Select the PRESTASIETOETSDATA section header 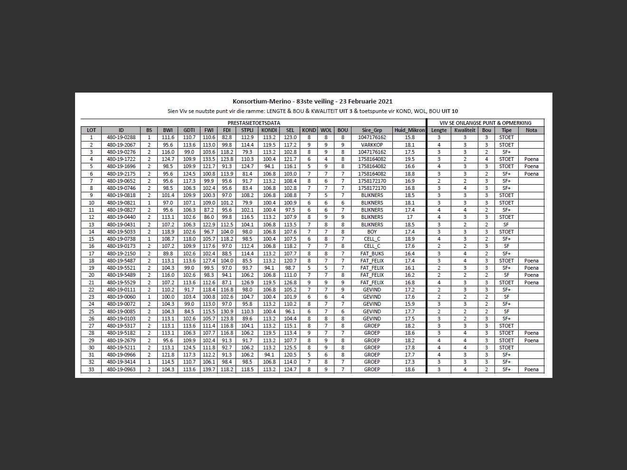coord(254,123)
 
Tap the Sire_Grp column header coord(372,130)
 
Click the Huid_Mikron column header coord(409,130)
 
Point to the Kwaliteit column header coord(465,130)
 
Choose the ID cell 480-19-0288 coord(121,138)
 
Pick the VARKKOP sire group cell coord(372,145)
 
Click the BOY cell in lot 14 coord(372,232)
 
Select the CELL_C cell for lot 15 coord(372,239)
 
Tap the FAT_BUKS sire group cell coord(372,254)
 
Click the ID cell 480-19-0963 coord(121,369)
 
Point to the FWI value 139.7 coord(209,369)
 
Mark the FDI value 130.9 coord(227,311)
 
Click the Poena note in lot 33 coord(531,369)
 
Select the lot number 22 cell coord(91,290)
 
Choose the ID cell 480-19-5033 coord(121,232)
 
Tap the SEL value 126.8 coord(290,282)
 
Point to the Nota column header coord(531,130)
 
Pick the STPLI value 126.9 coord(247,282)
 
